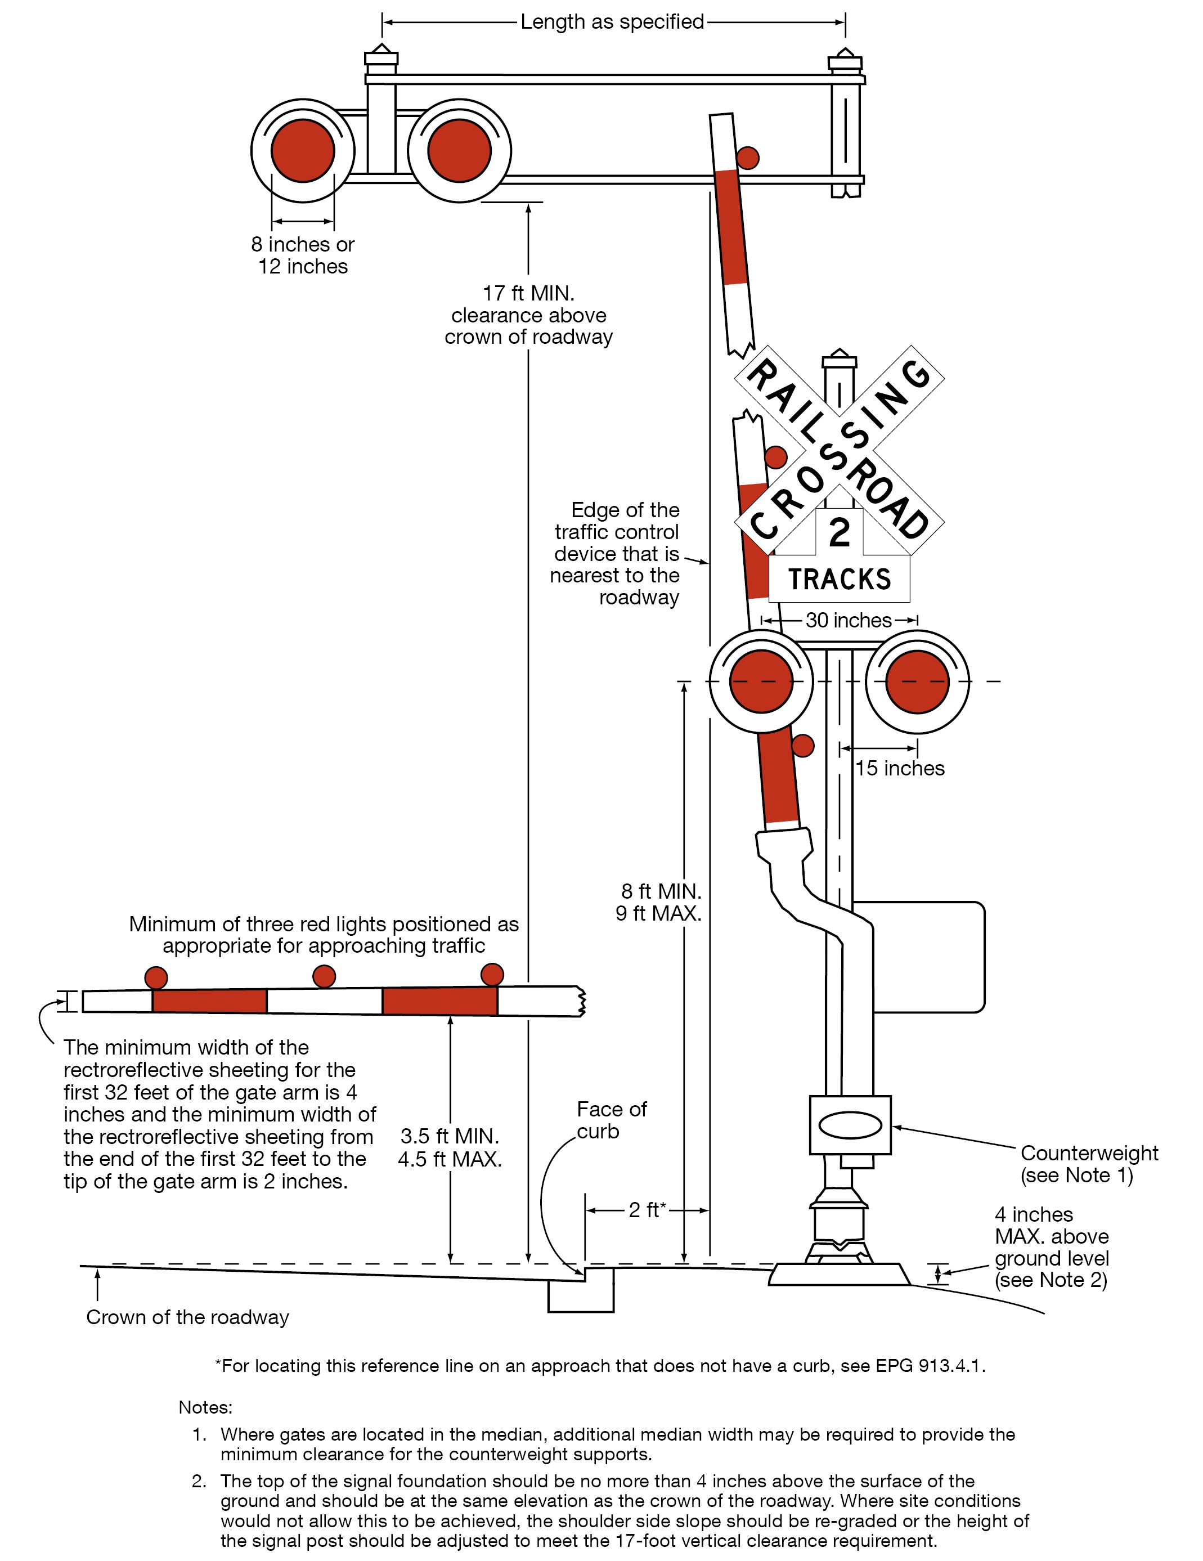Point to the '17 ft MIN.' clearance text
click(x=528, y=294)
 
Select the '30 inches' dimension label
click(x=849, y=620)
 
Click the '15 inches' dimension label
click(x=900, y=768)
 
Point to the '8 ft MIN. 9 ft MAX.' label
click(x=659, y=902)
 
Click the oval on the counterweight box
click(x=850, y=1125)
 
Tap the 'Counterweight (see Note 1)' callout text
click(x=1089, y=1164)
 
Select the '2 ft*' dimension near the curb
click(x=647, y=1209)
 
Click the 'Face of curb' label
click(x=611, y=1120)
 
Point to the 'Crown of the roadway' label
click(x=187, y=1317)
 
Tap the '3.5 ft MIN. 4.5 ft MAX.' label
click(x=450, y=1147)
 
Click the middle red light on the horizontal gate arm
click(x=324, y=976)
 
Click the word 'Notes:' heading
click(x=205, y=1407)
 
